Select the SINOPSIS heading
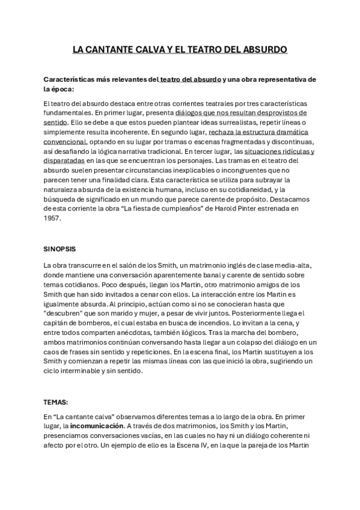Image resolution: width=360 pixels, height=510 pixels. (60, 248)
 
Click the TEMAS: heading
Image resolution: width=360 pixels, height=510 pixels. (56, 400)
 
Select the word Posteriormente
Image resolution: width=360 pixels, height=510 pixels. (251, 312)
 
